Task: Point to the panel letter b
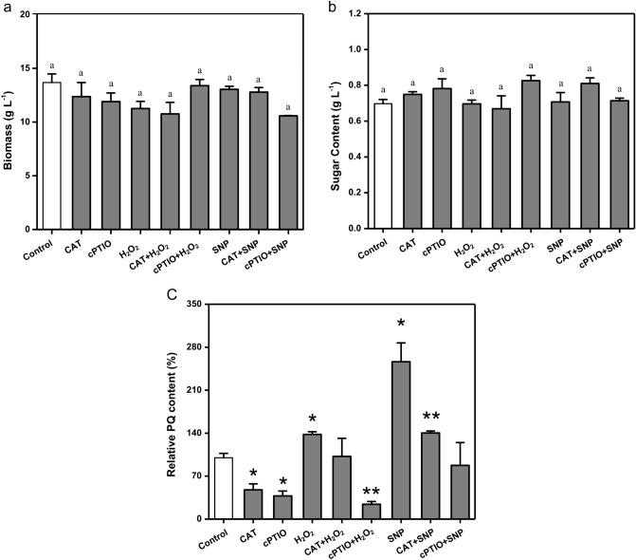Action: tap(331, 7)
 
